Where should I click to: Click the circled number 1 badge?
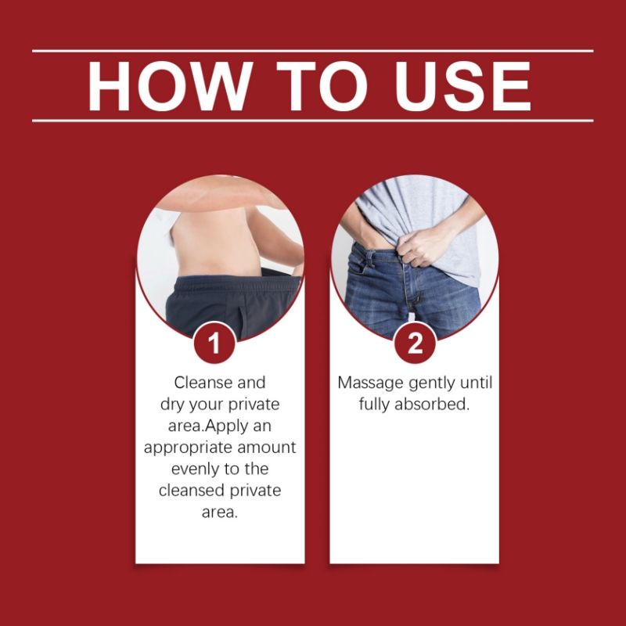click(x=214, y=344)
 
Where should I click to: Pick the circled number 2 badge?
click(x=414, y=344)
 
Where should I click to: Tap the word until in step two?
click(x=477, y=383)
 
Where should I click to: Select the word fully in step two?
click(x=378, y=405)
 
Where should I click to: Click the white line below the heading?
click(x=312, y=121)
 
